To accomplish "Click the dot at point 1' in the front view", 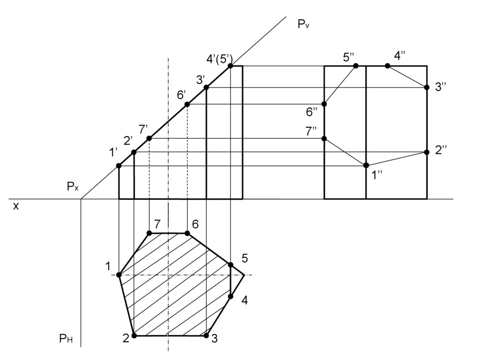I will pyautogui.click(x=119, y=166).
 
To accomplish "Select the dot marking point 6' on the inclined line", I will pyautogui.click(x=187, y=104).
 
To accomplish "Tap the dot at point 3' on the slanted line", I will pyautogui.click(x=206, y=87).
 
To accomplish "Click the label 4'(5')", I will pyautogui.click(x=219, y=59).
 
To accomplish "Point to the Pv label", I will pyautogui.click(x=303, y=25).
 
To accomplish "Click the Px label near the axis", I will pyautogui.click(x=72, y=187).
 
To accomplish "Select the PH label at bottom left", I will pyautogui.click(x=66, y=339).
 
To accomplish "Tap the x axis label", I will pyautogui.click(x=16, y=206).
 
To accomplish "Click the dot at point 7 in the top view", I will pyautogui.click(x=149, y=233).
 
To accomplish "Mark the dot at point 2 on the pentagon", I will pyautogui.click(x=134, y=336).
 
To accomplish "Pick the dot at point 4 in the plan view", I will pyautogui.click(x=231, y=296).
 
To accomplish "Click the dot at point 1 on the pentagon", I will pyautogui.click(x=119, y=275).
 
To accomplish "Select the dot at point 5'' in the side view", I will pyautogui.click(x=356, y=66).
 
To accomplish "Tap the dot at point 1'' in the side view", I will pyautogui.click(x=366, y=165).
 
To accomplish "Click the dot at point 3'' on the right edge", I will pyautogui.click(x=427, y=87).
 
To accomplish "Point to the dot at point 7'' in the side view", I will pyautogui.click(x=324, y=138).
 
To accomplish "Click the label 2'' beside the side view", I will pyautogui.click(x=441, y=151).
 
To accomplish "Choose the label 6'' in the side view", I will pyautogui.click(x=312, y=112).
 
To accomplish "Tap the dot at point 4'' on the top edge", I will pyautogui.click(x=388, y=66).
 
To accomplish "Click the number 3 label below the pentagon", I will pyautogui.click(x=214, y=339).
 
